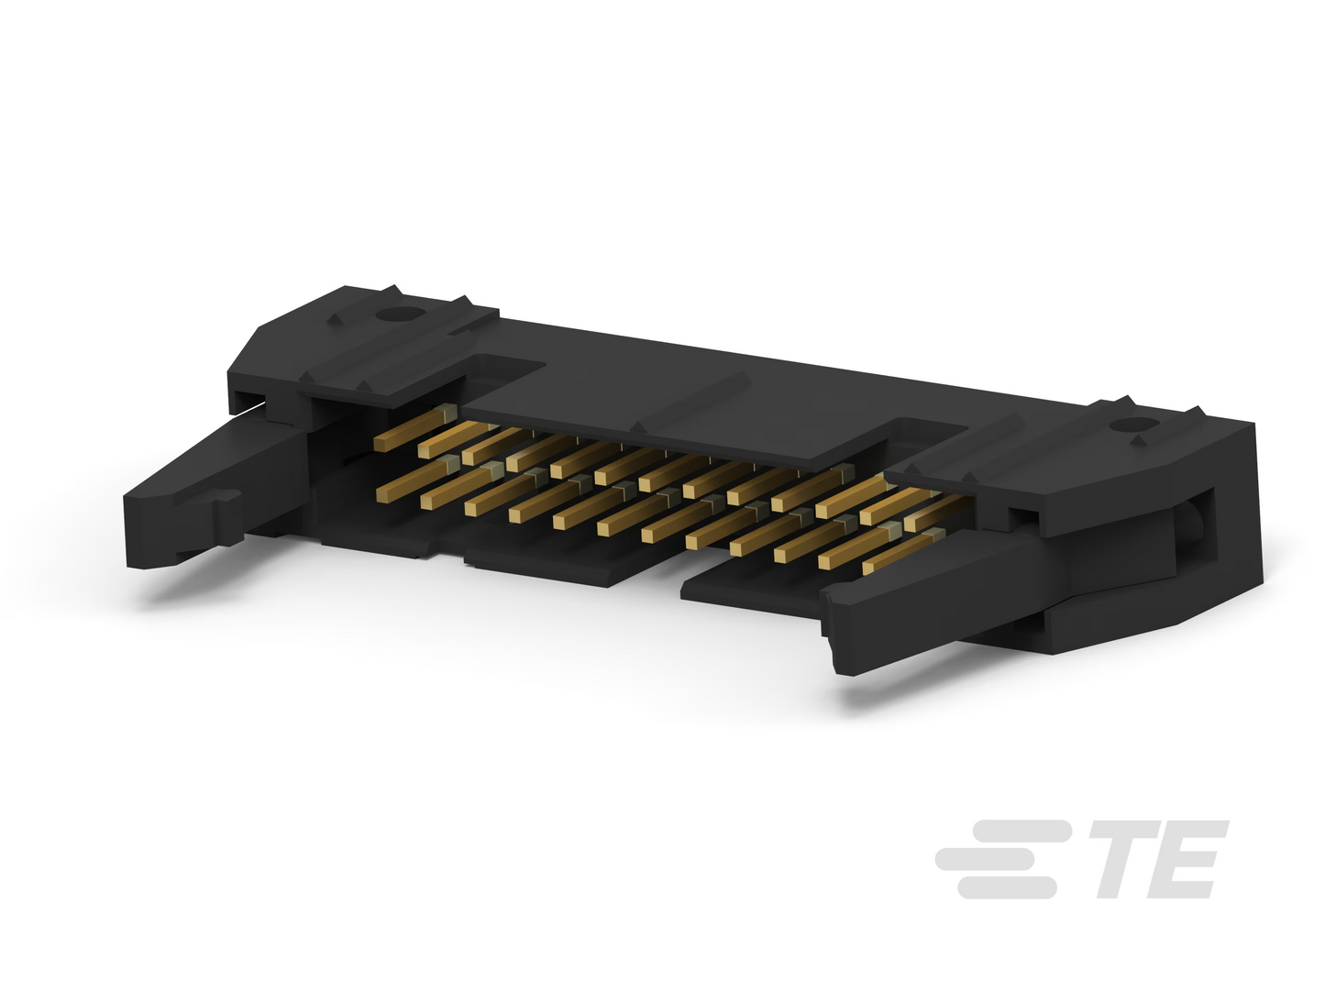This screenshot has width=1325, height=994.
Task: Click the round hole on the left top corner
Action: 393,314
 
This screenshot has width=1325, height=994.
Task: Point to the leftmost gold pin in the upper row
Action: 415,428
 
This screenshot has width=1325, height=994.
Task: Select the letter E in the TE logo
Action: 1192,858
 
